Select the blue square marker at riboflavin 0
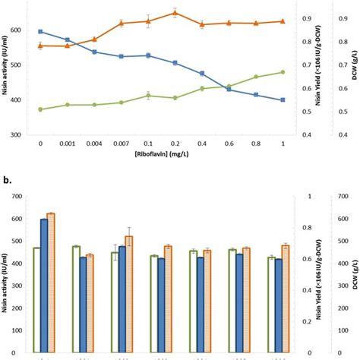pyautogui.click(x=40, y=32)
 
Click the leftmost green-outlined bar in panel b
pyautogui.click(x=36, y=293)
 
